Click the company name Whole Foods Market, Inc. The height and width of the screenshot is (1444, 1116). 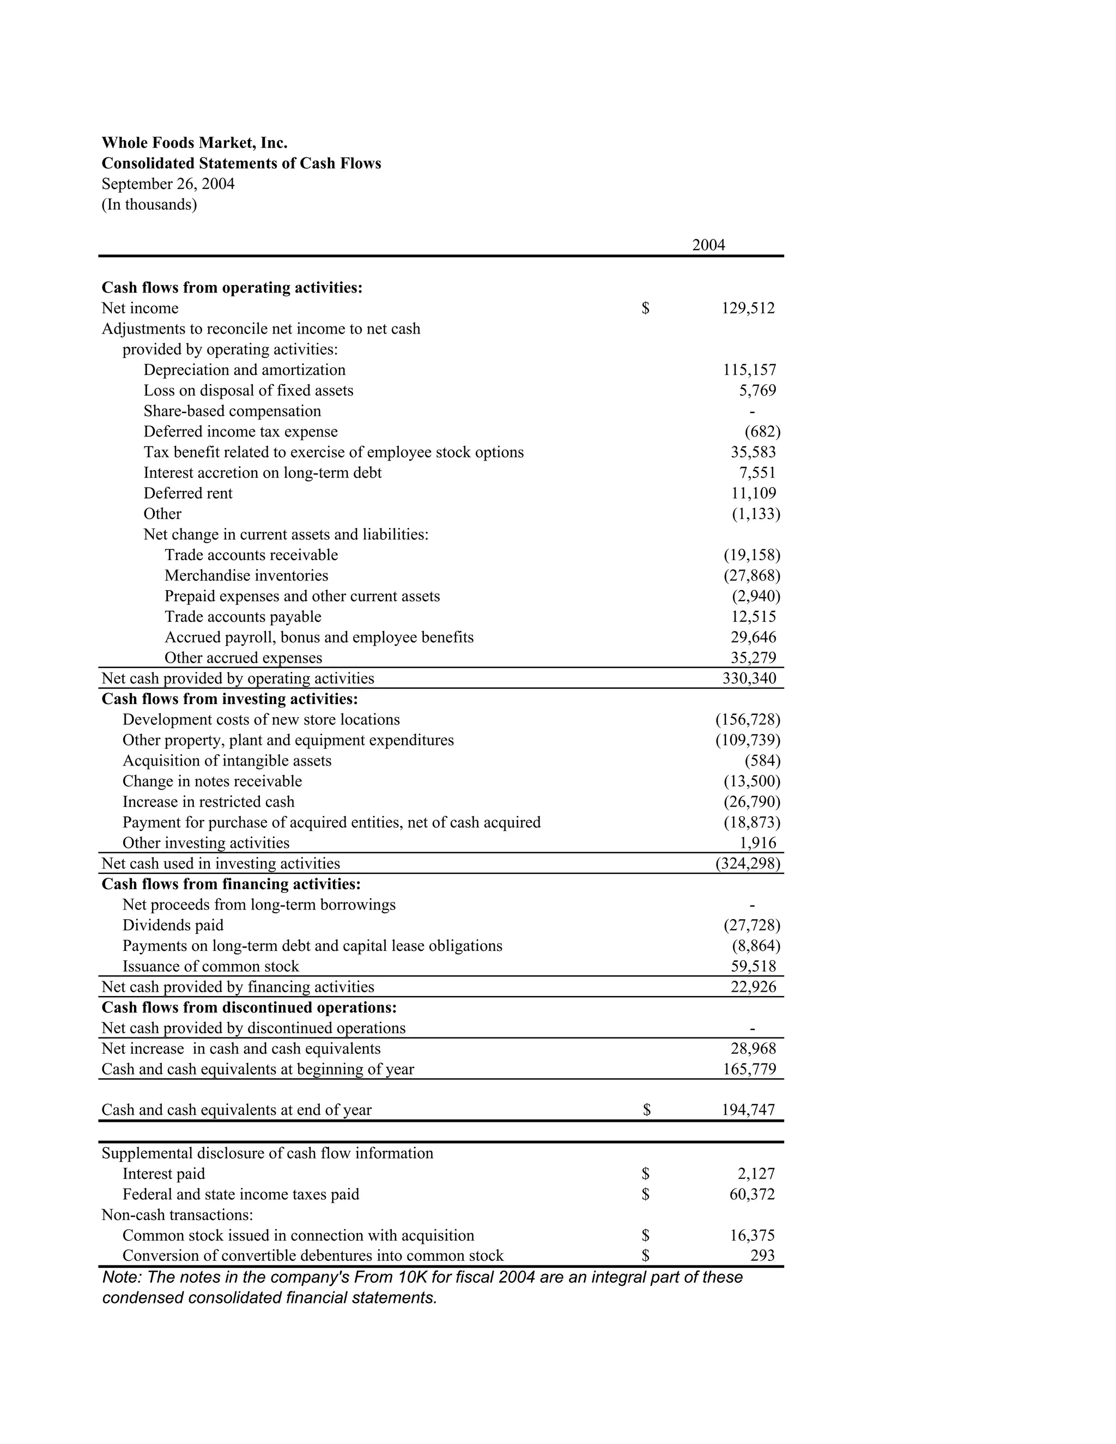click(195, 143)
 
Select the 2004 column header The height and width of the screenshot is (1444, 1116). click(708, 245)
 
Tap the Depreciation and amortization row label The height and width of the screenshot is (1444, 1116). click(244, 369)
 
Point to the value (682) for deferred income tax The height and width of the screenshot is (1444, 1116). click(762, 432)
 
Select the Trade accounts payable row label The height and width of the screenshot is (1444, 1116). click(242, 617)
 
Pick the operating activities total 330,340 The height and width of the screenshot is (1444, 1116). click(749, 678)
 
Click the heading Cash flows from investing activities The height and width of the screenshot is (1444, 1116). click(229, 699)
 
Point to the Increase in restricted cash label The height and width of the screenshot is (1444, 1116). click(208, 802)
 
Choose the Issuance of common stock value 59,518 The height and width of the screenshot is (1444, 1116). click(753, 967)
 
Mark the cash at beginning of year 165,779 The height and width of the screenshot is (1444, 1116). click(749, 1069)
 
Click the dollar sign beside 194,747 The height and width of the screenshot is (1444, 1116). click(647, 1110)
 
